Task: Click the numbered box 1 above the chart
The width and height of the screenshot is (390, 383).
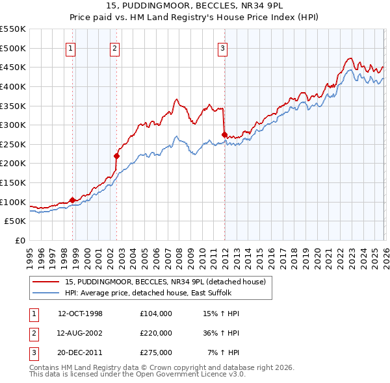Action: tap(70, 47)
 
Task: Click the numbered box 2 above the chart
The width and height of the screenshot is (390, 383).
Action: tap(114, 47)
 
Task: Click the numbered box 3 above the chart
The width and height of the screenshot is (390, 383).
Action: tap(222, 47)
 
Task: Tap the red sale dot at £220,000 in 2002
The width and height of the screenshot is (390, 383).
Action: tap(117, 156)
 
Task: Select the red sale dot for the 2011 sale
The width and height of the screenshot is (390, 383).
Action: tap(224, 135)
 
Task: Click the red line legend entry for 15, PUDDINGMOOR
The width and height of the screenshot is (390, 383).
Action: tap(165, 282)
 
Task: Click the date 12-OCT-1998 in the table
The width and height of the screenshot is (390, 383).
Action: tap(80, 314)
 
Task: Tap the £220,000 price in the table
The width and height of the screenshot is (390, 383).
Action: tap(155, 333)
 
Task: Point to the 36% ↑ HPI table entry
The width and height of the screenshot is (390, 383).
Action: tap(220, 333)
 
